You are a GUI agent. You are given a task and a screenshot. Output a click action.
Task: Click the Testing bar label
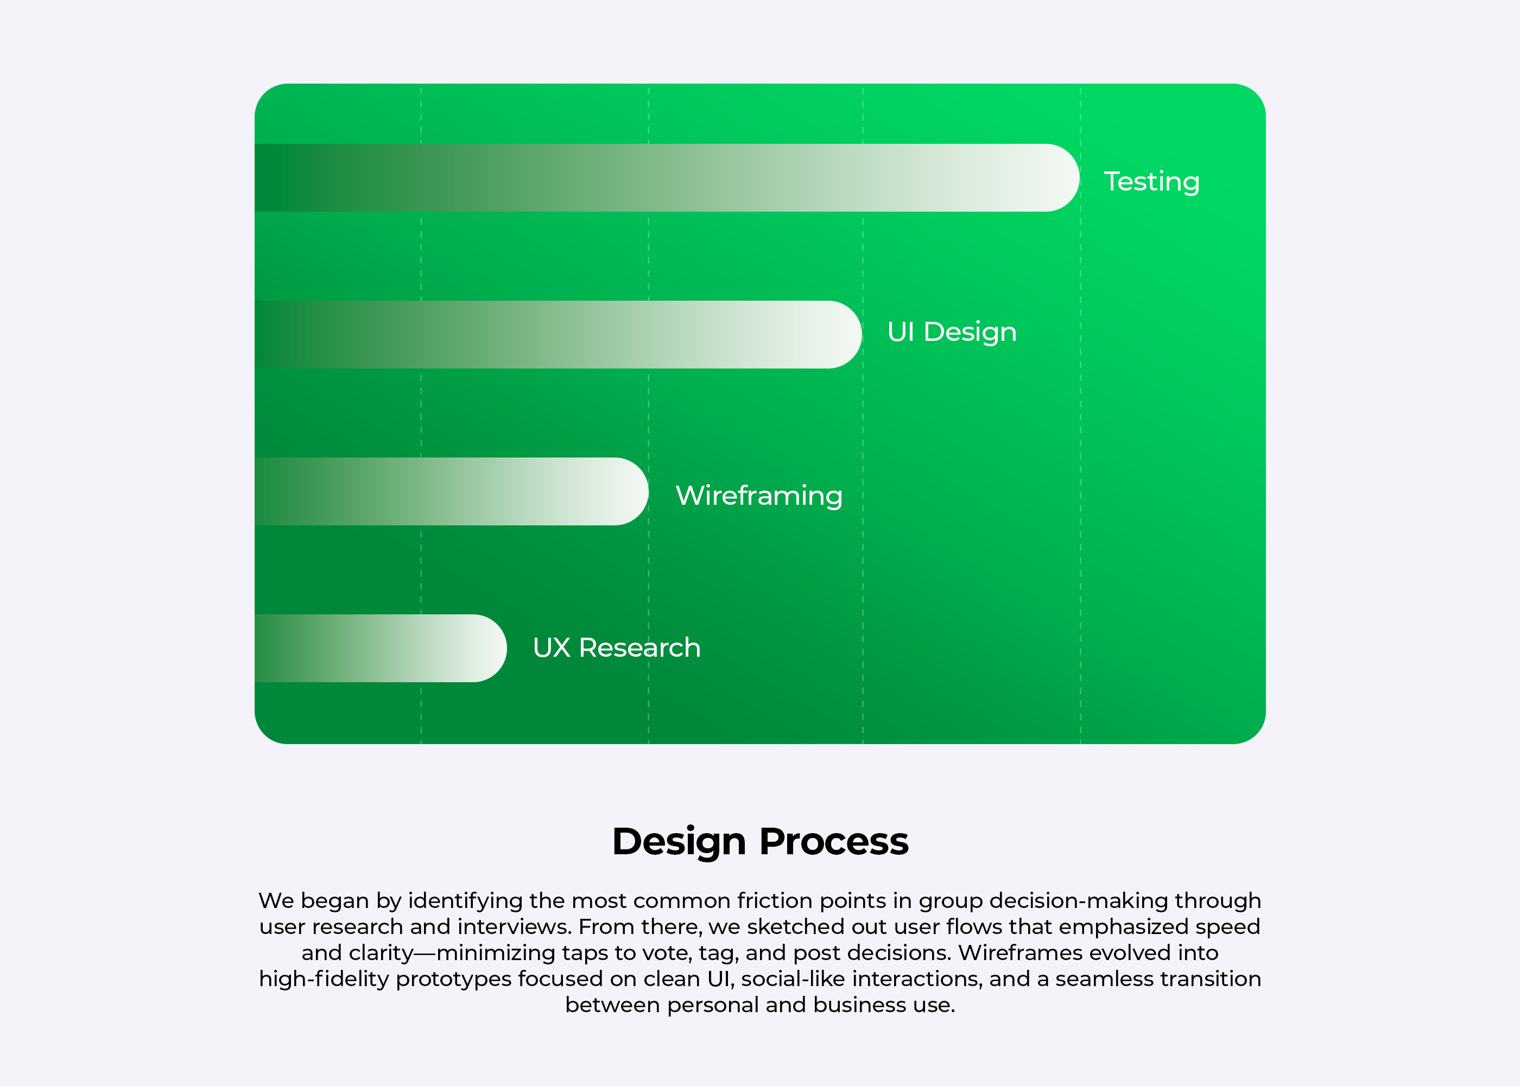pos(1151,182)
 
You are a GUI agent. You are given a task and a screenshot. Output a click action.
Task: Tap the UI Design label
pos(952,332)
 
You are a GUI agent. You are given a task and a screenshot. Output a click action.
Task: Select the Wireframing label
pos(759,496)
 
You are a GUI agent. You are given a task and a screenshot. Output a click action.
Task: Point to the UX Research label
pos(617,647)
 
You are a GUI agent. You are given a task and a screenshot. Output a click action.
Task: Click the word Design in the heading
pos(679,842)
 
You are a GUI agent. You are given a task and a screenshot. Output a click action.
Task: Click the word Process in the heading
pos(834,841)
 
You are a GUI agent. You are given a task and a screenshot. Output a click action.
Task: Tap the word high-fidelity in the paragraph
pos(324,980)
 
